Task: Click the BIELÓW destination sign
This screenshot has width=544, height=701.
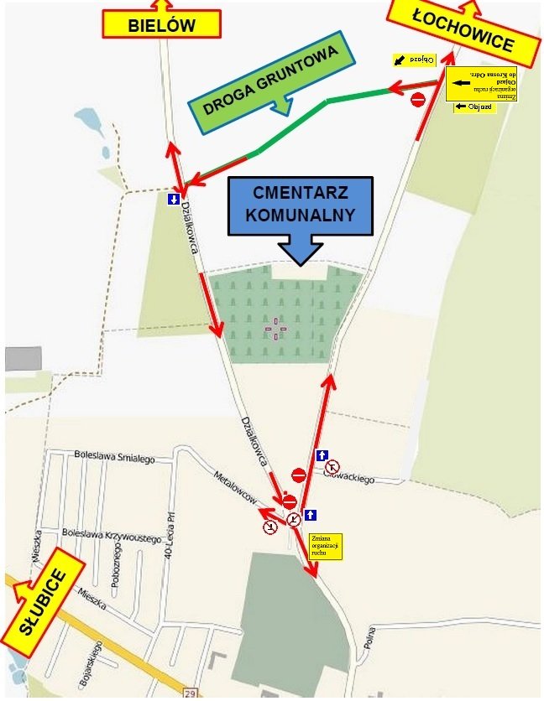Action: point(161,24)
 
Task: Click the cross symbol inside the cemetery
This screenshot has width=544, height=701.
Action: point(275,329)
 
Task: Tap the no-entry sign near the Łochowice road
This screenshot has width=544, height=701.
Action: point(418,100)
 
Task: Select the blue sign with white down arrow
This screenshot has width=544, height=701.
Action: point(174,200)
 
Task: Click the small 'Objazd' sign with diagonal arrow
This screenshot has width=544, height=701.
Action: point(414,60)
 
